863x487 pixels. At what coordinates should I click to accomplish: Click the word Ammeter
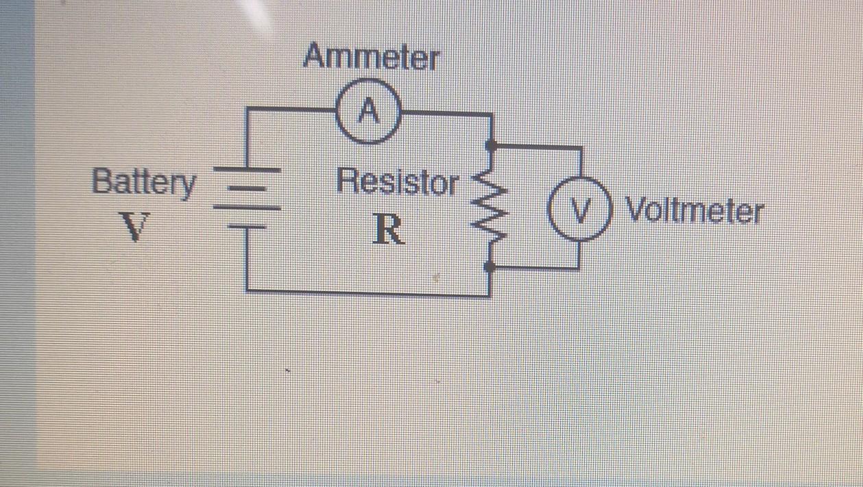point(370,58)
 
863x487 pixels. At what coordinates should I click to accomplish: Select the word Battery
point(144,184)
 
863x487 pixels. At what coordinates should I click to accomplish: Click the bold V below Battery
point(136,227)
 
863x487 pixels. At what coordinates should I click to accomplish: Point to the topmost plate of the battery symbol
point(247,168)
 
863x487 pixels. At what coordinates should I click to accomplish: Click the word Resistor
point(398,183)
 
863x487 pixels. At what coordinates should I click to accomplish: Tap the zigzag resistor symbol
point(489,205)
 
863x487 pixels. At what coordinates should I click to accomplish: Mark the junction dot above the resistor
point(489,146)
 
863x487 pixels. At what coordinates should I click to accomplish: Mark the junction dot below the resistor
point(489,267)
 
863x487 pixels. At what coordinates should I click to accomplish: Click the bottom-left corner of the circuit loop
point(247,290)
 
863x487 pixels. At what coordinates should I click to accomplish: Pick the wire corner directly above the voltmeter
point(581,147)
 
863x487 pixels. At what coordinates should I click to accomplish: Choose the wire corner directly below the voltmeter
point(580,267)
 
